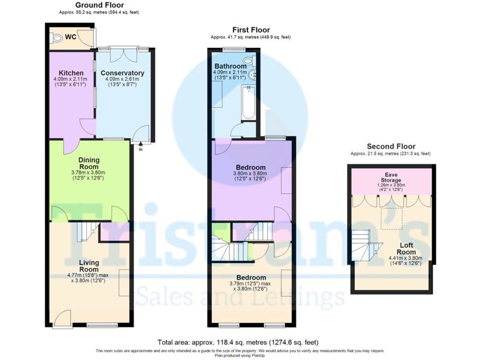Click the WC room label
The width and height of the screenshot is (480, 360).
pyautogui.click(x=71, y=37)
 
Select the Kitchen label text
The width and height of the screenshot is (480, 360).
pyautogui.click(x=71, y=73)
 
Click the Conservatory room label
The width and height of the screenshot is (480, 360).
pyautogui.click(x=122, y=73)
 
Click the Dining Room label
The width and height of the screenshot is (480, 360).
pyautogui.click(x=89, y=163)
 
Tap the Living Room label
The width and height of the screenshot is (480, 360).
pyautogui.click(x=88, y=266)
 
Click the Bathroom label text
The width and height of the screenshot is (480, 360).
pyautogui.click(x=230, y=66)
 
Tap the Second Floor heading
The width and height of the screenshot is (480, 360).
pyautogui.click(x=391, y=146)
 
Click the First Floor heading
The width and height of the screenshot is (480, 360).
pyautogui.click(x=251, y=30)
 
